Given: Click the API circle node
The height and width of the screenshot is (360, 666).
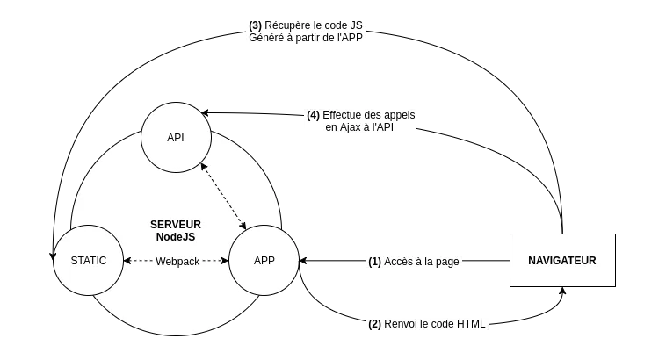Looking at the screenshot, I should [x=176, y=138].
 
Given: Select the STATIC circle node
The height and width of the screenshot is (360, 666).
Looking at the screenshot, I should [x=88, y=261].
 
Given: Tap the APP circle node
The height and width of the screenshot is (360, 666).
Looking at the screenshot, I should [x=264, y=261].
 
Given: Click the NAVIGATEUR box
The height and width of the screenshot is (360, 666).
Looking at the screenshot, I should [x=562, y=260].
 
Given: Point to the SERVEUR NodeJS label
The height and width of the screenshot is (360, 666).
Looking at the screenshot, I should [x=176, y=231].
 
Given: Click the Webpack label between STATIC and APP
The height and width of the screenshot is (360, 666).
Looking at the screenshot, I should [x=177, y=262].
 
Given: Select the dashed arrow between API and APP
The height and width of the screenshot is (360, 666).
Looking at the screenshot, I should [x=223, y=194].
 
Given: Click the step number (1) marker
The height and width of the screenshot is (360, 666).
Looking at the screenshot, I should [x=374, y=262].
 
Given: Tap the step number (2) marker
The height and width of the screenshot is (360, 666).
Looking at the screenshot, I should [x=374, y=324].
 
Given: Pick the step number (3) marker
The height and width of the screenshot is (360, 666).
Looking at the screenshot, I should [x=255, y=25].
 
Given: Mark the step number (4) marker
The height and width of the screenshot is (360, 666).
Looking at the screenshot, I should [x=313, y=115].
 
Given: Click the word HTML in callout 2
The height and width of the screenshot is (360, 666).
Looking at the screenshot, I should [x=471, y=324].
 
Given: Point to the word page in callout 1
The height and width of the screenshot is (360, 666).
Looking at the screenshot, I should [x=447, y=262].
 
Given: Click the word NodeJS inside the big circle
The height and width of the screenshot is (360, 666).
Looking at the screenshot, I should [x=176, y=237].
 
